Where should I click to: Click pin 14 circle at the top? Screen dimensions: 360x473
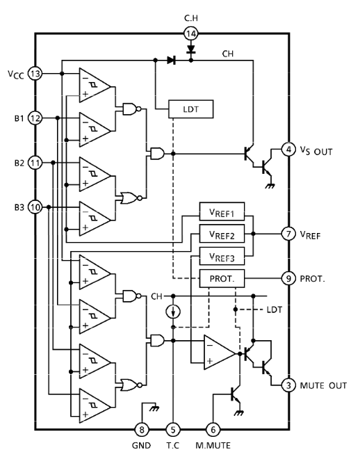[191, 33]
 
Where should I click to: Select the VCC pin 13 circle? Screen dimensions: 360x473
[35, 73]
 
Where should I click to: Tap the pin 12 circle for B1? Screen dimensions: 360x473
[35, 118]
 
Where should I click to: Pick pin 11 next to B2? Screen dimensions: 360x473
[35, 163]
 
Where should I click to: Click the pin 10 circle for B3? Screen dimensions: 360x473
[35, 207]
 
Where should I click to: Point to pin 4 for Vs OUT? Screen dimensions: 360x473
[288, 150]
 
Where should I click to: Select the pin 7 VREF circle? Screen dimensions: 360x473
[288, 234]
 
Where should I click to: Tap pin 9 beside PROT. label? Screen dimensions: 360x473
[288, 278]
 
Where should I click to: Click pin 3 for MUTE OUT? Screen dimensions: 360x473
[288, 385]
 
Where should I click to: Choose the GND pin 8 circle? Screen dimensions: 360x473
[142, 429]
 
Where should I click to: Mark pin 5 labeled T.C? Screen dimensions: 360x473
[173, 429]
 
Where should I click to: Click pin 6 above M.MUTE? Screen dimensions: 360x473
[213, 429]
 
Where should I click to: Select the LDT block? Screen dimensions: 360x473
[191, 109]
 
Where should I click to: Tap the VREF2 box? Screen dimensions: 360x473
[222, 234]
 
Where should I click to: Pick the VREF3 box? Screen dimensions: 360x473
[222, 256]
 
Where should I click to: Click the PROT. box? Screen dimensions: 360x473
[222, 278]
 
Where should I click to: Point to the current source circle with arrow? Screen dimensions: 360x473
[173, 312]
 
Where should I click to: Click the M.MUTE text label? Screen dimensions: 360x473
[213, 446]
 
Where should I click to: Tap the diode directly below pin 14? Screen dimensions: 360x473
[191, 49]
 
